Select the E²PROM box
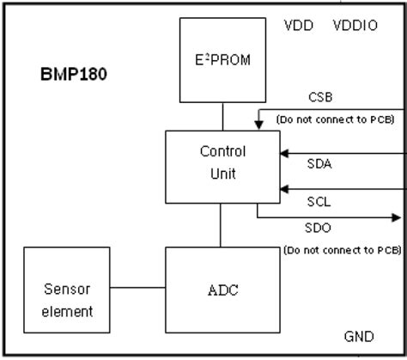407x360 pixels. point(222,59)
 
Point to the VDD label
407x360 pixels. point(299,25)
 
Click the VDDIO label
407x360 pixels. point(355,25)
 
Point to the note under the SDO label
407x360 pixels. point(342,250)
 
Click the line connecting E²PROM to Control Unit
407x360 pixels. point(222,115)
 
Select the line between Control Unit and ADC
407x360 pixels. point(222,226)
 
